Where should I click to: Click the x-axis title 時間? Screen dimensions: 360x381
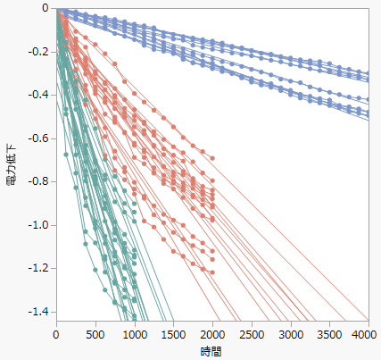click(211, 352)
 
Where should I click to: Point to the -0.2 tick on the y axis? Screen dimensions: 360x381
click(38, 52)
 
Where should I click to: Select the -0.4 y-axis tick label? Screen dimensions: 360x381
click(38, 96)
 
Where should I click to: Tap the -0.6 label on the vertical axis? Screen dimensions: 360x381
click(38, 138)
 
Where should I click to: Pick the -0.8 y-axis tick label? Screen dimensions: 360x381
click(38, 182)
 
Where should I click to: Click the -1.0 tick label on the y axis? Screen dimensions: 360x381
click(38, 225)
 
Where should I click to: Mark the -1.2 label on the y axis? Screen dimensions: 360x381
click(38, 269)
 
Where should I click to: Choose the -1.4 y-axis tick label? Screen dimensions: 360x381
click(38, 312)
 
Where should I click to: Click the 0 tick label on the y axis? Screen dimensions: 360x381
click(46, 8)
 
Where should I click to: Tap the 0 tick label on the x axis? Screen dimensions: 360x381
click(55, 334)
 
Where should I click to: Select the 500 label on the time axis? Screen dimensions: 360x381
click(95, 334)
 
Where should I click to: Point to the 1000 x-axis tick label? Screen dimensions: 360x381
click(134, 334)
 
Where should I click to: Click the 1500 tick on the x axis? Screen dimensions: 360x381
click(173, 334)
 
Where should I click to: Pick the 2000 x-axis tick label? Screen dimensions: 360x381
click(212, 334)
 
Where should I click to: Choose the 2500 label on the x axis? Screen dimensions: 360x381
click(252, 334)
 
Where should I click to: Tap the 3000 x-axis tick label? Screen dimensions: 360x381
click(290, 334)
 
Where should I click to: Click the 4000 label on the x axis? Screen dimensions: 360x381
click(365, 334)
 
